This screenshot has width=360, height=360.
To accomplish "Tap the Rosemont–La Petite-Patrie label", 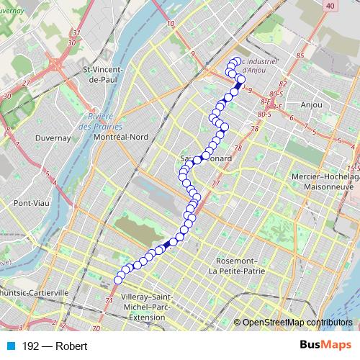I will (235, 266).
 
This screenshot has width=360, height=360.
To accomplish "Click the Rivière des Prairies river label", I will (99, 122).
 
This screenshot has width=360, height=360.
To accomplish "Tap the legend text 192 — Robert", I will (55, 346).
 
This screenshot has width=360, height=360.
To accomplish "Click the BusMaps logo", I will (325, 346).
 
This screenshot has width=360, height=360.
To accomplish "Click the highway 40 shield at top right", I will (330, 6).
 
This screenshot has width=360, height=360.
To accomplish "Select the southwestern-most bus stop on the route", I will (119, 280).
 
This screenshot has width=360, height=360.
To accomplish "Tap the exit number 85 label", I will (300, 56).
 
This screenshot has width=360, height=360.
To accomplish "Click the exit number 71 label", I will (109, 300).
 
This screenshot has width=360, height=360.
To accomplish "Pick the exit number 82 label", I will (282, 84).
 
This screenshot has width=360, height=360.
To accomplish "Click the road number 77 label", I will (216, 184).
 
